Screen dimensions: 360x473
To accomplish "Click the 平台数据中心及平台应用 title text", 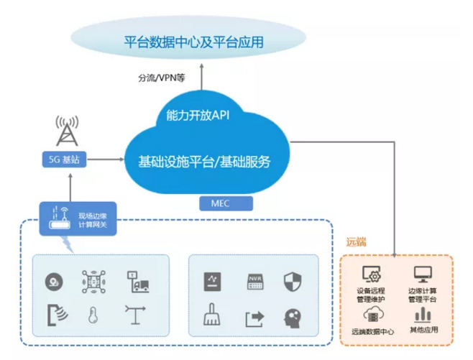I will (194, 42).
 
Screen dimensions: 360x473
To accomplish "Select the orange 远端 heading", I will (357, 241).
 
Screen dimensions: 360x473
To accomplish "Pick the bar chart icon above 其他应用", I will (422, 315).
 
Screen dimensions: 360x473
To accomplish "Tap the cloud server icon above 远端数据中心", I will (374, 315).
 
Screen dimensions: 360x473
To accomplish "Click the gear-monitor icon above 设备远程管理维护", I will (374, 274).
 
